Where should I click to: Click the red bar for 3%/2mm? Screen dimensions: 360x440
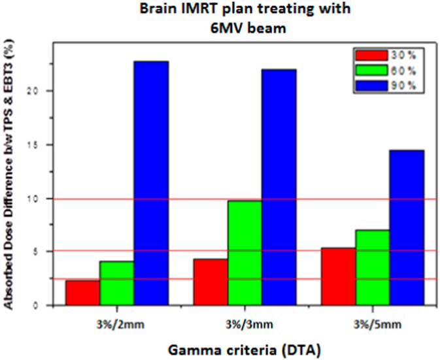[82, 293]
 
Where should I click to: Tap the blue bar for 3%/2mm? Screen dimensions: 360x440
[151, 183]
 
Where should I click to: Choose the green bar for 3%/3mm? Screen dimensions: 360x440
[245, 253]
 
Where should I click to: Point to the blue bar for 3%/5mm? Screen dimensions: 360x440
[406, 227]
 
